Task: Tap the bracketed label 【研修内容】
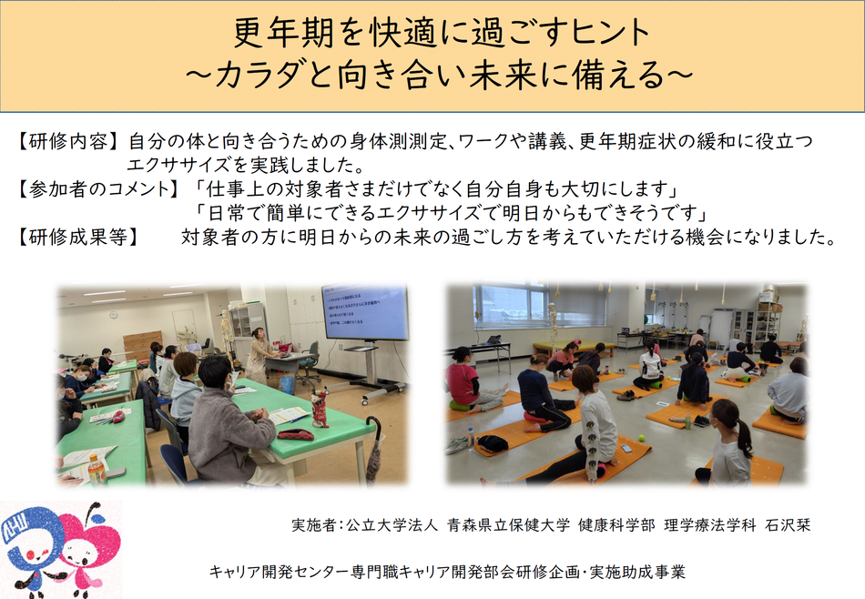click(x=66, y=142)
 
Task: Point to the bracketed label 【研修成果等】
click(x=76, y=237)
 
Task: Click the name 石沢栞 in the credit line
click(x=788, y=525)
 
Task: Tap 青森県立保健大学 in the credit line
click(x=508, y=525)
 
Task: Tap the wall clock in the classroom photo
click(x=113, y=315)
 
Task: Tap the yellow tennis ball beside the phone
click(x=642, y=439)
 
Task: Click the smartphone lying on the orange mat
click(x=626, y=447)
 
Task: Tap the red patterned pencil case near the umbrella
click(x=295, y=434)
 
